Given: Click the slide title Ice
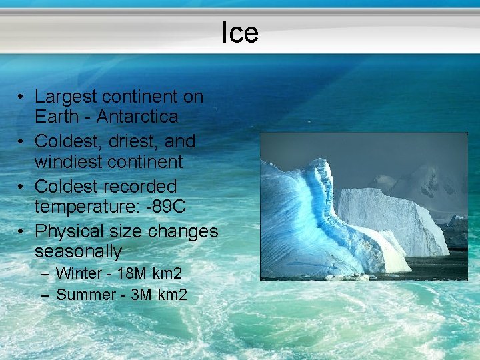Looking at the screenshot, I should pyautogui.click(x=240, y=32).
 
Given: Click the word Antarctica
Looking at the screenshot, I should pyautogui.click(x=137, y=117).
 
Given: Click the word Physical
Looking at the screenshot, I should pyautogui.click(x=68, y=231).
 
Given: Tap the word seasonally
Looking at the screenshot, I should pyautogui.click(x=78, y=252).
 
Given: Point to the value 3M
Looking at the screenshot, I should pyautogui.click(x=142, y=294).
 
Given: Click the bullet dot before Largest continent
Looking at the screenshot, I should pyautogui.click(x=22, y=97).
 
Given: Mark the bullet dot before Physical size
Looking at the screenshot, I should pyautogui.click(x=22, y=232).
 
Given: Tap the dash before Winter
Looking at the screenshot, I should pyautogui.click(x=44, y=274).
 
